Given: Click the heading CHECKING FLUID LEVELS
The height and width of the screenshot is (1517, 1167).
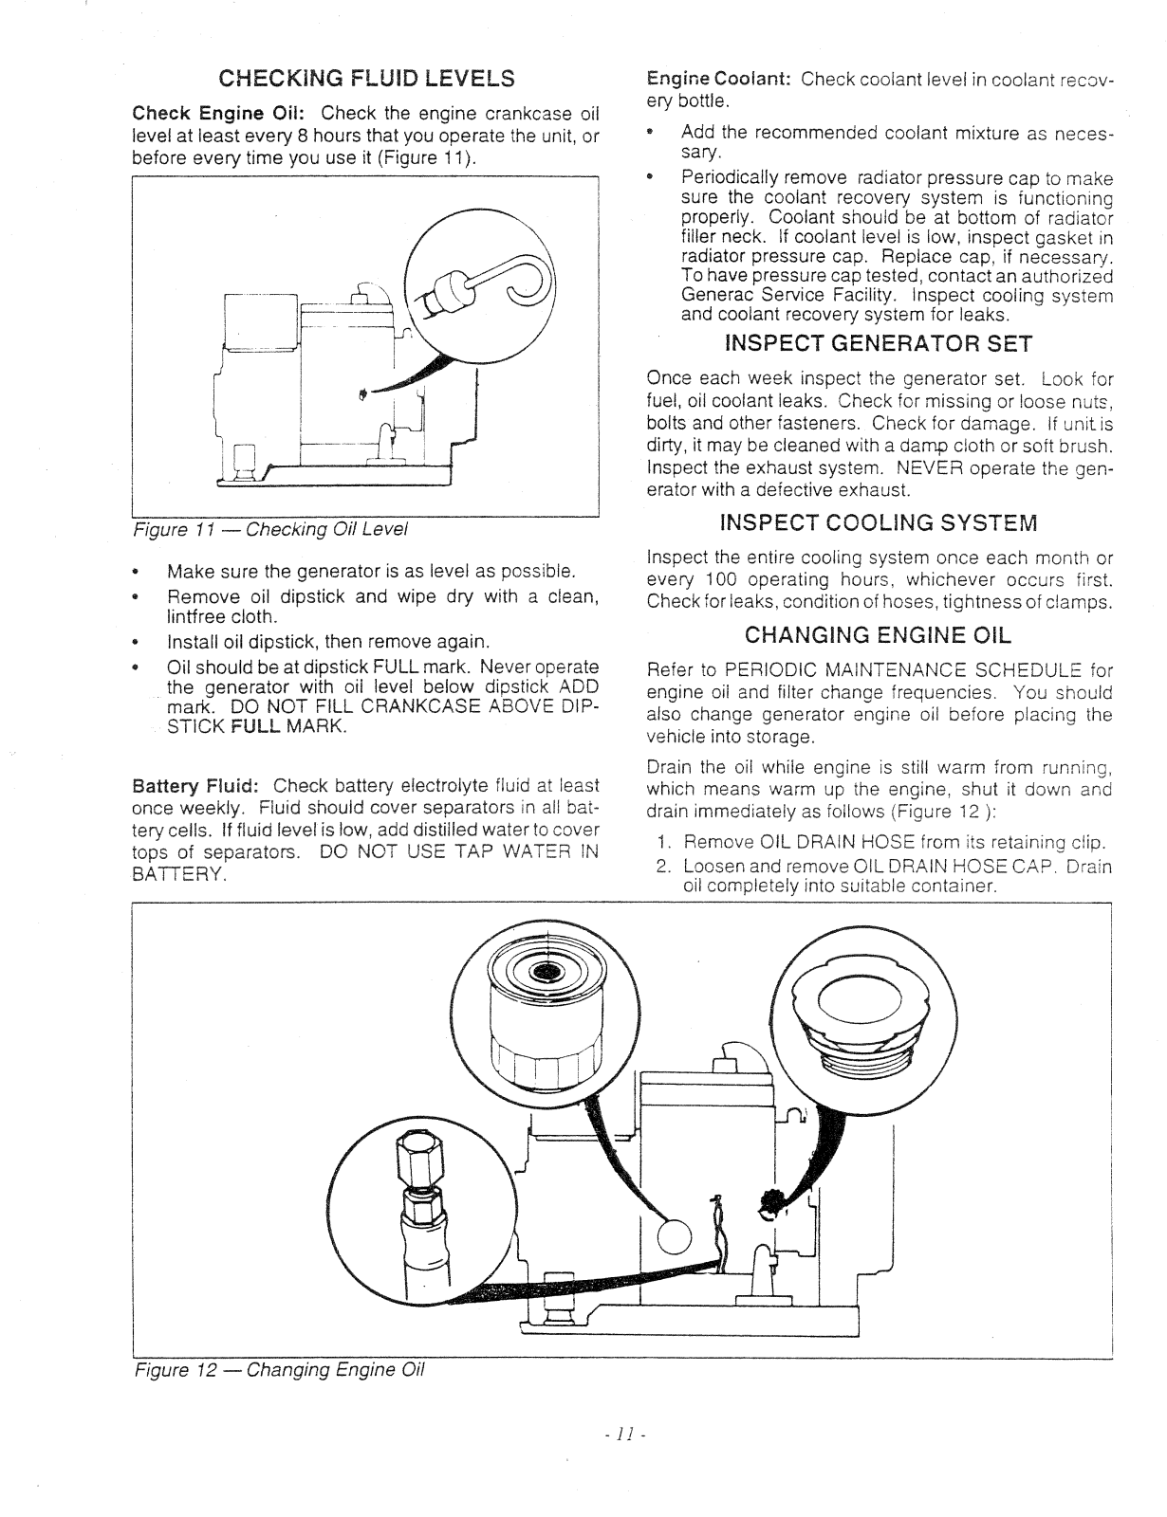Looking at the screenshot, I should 366,78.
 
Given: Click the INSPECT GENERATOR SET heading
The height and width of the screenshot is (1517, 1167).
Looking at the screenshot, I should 877,342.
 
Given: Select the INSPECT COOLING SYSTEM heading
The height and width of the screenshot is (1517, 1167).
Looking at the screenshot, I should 879,522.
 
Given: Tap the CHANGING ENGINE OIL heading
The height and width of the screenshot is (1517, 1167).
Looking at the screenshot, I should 878,633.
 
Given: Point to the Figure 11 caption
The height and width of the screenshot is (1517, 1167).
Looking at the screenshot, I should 269,528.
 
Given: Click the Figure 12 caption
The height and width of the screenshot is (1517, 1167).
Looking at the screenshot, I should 279,1370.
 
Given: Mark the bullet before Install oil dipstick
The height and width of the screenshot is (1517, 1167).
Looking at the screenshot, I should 139,642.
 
